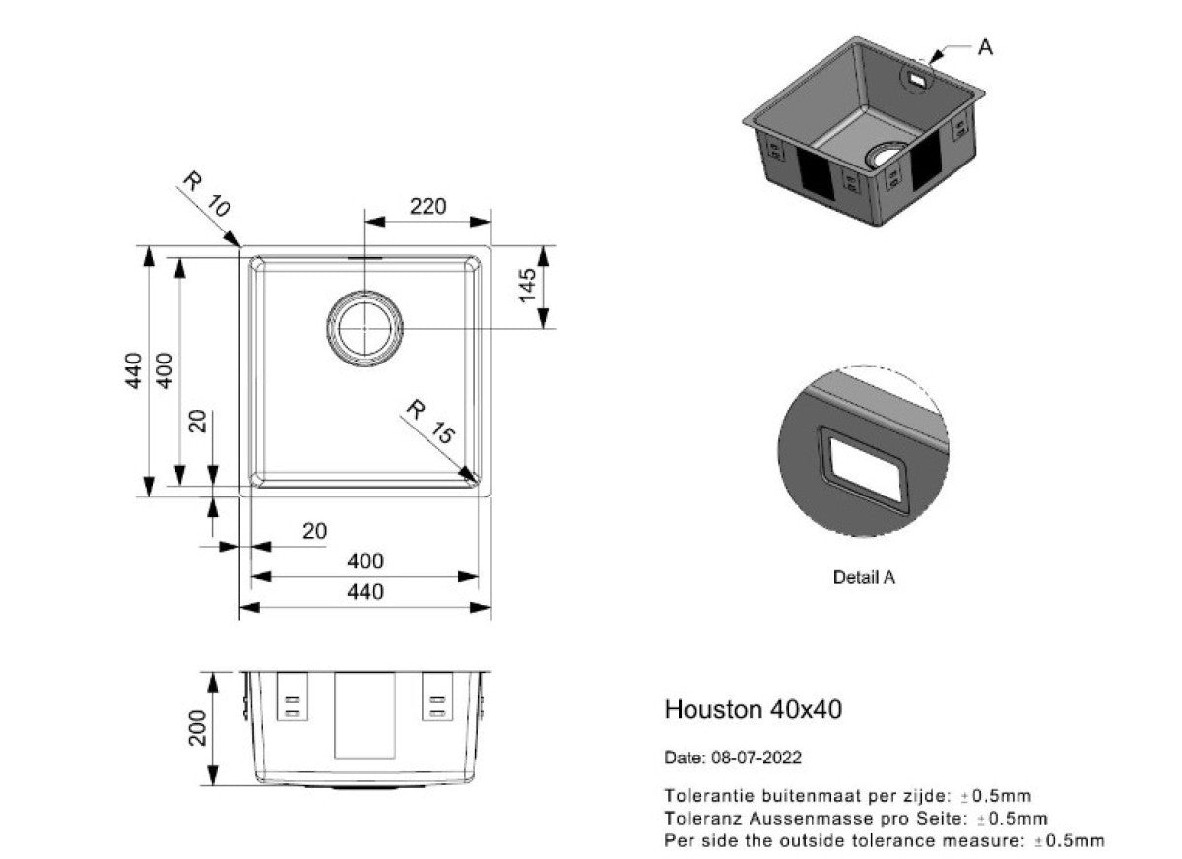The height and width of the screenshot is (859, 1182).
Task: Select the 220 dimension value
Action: point(428,206)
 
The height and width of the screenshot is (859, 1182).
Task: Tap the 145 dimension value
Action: point(527,285)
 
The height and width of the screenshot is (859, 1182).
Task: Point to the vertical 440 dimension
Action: point(133,370)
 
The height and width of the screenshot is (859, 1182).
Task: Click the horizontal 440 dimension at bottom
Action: point(364,591)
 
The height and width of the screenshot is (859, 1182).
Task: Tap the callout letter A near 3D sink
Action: point(984,46)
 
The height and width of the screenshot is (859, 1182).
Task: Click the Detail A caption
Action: point(864,578)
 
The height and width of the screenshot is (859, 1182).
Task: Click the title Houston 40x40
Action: point(753,709)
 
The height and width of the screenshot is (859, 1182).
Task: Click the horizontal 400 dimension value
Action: point(364,562)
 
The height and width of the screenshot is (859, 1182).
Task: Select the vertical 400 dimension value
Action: point(165,370)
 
